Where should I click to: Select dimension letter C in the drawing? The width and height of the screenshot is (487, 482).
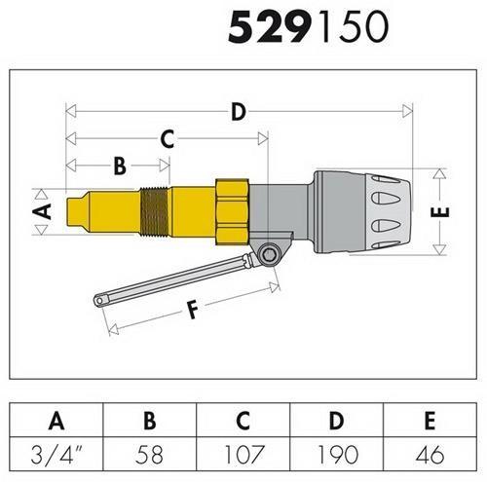(167, 139)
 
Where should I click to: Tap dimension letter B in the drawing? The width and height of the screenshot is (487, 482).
(119, 166)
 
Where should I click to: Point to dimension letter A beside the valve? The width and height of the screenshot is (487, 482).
(40, 210)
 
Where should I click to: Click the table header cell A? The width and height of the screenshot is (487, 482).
(56, 422)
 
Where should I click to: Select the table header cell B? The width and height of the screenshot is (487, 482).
(150, 422)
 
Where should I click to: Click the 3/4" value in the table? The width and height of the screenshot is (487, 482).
(56, 455)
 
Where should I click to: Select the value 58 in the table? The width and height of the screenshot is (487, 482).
(150, 455)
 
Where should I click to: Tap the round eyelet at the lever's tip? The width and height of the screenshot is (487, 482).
(100, 301)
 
